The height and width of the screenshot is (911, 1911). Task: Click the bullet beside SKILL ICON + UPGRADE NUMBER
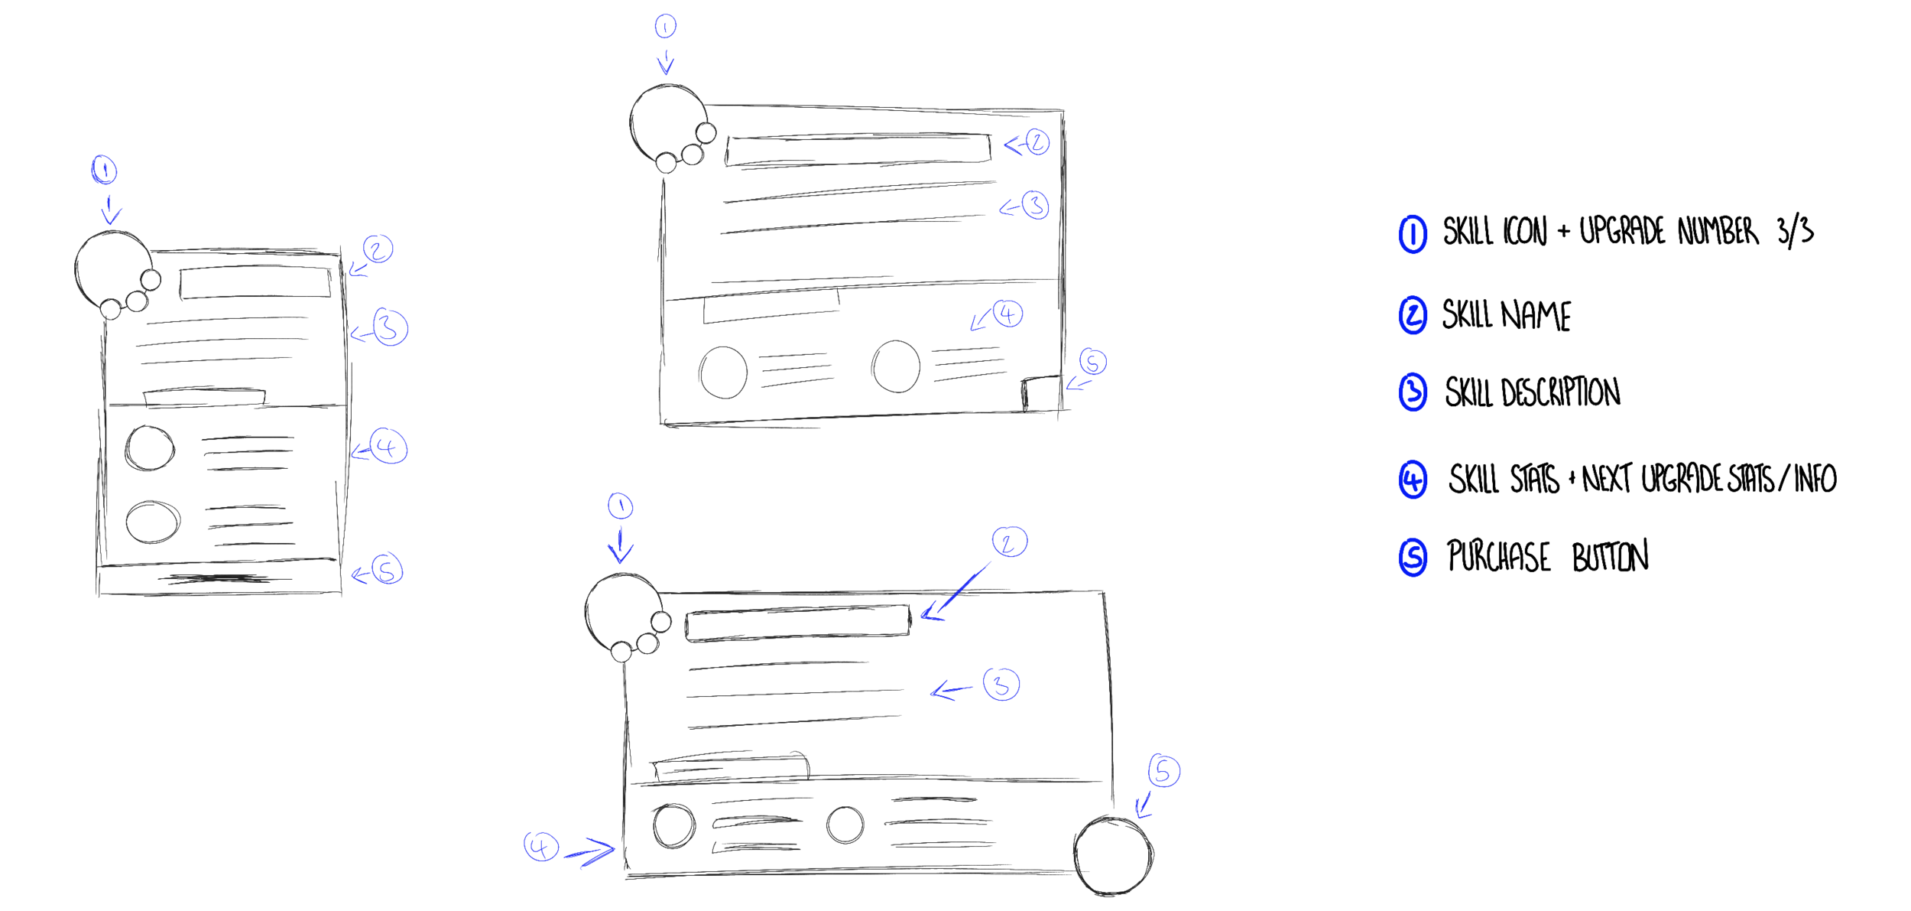pos(1413,233)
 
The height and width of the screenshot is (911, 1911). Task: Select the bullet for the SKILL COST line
pos(1413,479)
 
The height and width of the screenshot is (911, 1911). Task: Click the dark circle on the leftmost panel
pos(109,269)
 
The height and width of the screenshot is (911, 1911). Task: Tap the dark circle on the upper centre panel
pos(663,126)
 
